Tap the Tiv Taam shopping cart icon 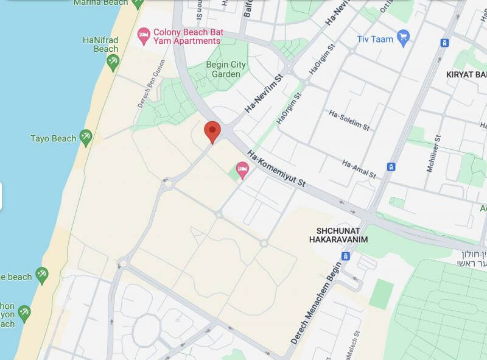[403, 38]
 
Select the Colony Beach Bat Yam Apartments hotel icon [144, 36]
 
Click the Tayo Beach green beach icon [86, 138]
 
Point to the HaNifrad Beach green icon [113, 62]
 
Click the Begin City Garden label [226, 69]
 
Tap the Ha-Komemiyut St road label [276, 169]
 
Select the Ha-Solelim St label [349, 121]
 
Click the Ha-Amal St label [359, 169]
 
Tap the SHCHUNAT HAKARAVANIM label [338, 235]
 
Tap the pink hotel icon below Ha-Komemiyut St [242, 170]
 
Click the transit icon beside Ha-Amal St [391, 166]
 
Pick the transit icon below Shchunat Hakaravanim [346, 256]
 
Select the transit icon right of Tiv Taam [445, 43]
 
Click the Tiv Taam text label [374, 38]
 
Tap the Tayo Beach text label [53, 138]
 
